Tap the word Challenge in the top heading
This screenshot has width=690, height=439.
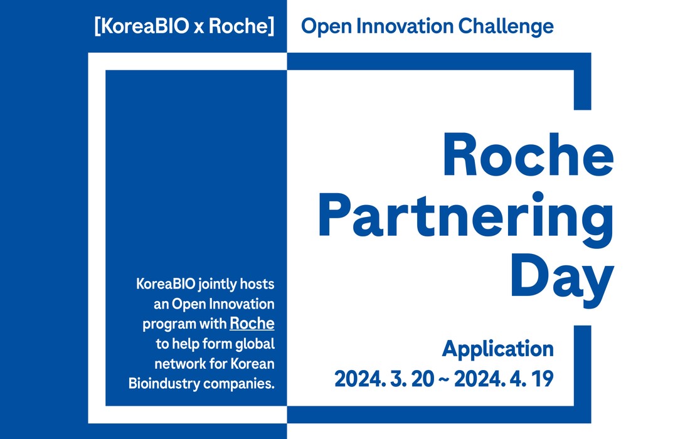point(506,27)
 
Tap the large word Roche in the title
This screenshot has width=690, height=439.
point(528,155)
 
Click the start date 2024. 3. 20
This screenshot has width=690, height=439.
point(384,379)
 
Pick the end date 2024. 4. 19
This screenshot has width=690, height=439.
point(504,379)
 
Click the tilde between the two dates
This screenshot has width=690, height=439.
point(444,380)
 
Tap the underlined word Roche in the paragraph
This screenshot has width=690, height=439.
point(252,324)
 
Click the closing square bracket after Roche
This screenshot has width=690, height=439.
point(271,26)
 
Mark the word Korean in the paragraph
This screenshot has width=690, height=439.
point(252,364)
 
